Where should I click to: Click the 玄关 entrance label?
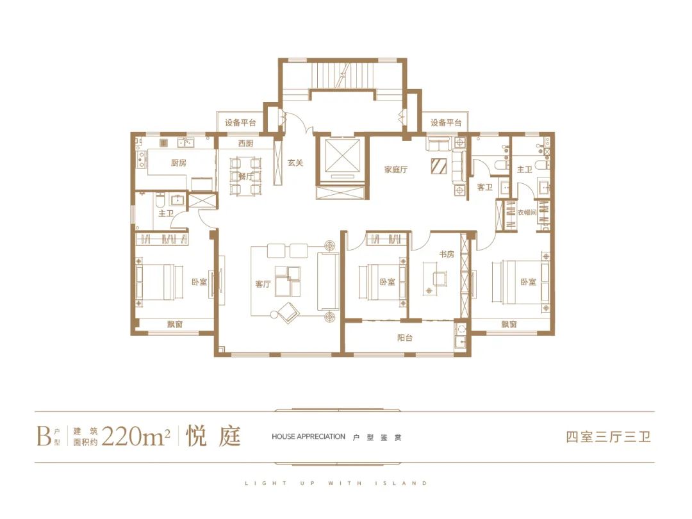tap(295, 163)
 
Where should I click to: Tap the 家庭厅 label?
tap(396, 169)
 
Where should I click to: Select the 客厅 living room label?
tap(263, 284)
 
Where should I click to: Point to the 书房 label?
tap(447, 254)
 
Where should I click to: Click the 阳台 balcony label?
tap(405, 338)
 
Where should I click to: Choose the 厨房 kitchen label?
tap(178, 163)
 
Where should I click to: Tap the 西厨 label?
tap(246, 144)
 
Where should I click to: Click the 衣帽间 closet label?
tap(527, 213)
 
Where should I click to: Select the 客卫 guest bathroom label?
tap(484, 188)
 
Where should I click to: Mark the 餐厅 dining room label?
tap(246, 177)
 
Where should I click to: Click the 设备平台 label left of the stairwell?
tap(240, 122)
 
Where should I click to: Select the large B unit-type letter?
tap(44, 436)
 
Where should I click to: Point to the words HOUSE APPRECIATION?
tap(308, 436)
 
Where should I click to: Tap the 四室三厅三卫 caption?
tap(609, 437)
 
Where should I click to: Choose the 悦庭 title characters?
tap(213, 436)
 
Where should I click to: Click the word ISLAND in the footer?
tap(401, 483)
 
